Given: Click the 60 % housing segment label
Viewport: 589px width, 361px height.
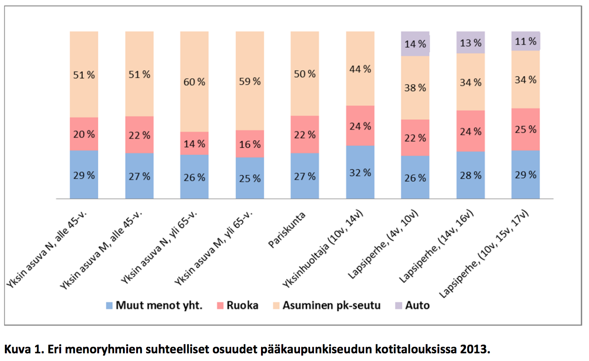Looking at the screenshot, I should [195, 82].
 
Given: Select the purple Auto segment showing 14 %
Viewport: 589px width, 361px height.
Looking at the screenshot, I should [415, 44].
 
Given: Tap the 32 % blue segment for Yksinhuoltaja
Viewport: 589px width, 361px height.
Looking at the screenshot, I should [360, 172].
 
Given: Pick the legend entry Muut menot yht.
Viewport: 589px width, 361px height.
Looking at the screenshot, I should [153, 305].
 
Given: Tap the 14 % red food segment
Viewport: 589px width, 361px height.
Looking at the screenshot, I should [195, 144].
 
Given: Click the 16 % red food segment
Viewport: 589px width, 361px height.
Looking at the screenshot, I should [250, 144].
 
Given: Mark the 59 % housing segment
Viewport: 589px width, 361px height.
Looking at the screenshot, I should [250, 81].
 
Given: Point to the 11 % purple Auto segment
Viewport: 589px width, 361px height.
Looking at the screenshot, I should [526, 42].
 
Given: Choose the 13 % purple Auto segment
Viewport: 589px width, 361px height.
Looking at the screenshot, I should [470, 43].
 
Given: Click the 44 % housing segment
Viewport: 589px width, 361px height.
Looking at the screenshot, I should [360, 69].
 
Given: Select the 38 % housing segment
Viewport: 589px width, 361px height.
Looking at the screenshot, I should [415, 88].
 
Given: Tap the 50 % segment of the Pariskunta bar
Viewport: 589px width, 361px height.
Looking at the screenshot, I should [305, 74].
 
